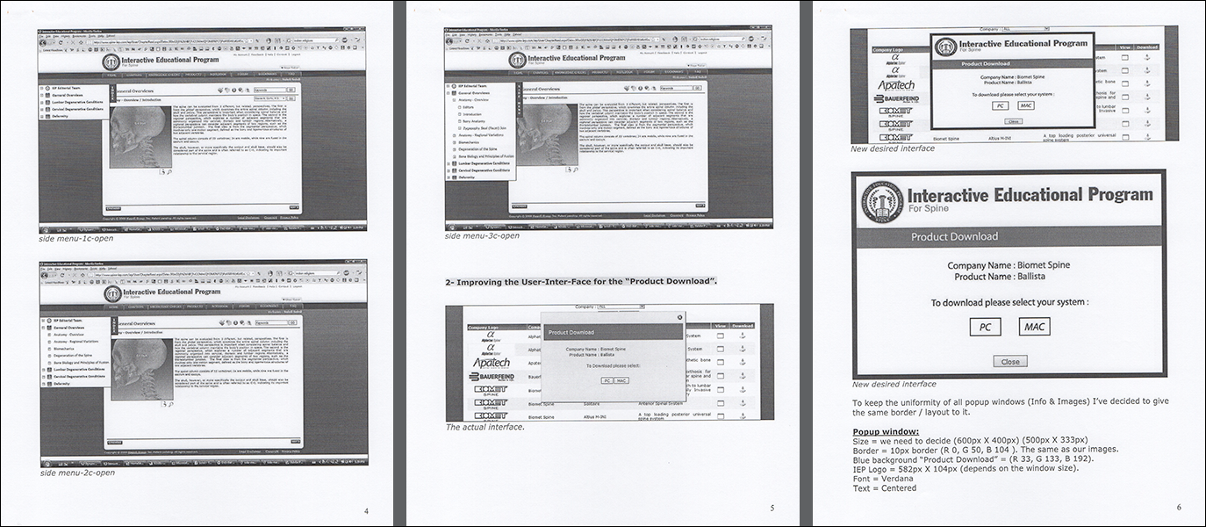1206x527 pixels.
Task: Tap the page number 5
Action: [772, 507]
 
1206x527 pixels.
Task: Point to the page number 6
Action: [1179, 507]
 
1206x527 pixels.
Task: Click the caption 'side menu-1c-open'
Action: [76, 238]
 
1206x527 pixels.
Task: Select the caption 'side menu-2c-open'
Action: [76, 473]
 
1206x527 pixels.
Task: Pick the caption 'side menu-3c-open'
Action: [482, 235]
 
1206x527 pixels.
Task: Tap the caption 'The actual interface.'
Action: [485, 427]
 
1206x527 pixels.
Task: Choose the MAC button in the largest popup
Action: [1034, 327]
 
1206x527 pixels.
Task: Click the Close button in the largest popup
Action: [1009, 361]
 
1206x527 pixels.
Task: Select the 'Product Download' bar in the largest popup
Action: [954, 236]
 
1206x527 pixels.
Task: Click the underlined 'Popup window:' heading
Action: [886, 432]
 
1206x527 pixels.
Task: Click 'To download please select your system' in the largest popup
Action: [1009, 302]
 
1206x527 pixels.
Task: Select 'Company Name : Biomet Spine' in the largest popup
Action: [1009, 265]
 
